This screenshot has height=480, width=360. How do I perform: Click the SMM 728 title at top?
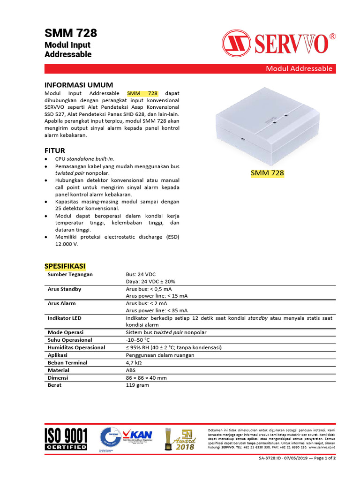[71, 33]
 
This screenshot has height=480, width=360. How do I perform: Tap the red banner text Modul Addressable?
[299, 68]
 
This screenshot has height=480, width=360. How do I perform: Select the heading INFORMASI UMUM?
[78, 85]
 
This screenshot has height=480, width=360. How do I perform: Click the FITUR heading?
[54, 150]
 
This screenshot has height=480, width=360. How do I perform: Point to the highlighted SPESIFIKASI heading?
[65, 266]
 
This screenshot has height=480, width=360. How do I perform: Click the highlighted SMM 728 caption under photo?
[267, 173]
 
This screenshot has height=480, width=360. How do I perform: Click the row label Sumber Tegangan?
[70, 274]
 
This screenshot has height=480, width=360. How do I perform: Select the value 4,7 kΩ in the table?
[134, 362]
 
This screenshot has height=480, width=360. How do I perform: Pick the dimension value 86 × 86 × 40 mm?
[146, 377]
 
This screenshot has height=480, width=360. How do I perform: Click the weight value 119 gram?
[137, 385]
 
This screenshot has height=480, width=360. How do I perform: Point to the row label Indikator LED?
[64, 318]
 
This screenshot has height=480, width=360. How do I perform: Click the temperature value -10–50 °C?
[138, 340]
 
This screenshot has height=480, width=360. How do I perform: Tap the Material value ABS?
[131, 370]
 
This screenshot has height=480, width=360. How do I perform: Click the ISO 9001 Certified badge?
[66, 439]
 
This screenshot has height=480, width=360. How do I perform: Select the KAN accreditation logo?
[139, 437]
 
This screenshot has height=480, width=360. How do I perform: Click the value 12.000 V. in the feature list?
[67, 244]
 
